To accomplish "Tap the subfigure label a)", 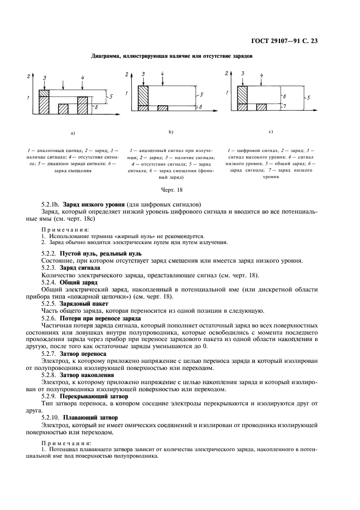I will tap(72, 132).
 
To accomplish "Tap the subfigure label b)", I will tap(170, 131).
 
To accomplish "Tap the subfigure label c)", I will tap(270, 131).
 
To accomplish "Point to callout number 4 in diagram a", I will tap(83, 78).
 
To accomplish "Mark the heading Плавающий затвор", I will tap(90, 417).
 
